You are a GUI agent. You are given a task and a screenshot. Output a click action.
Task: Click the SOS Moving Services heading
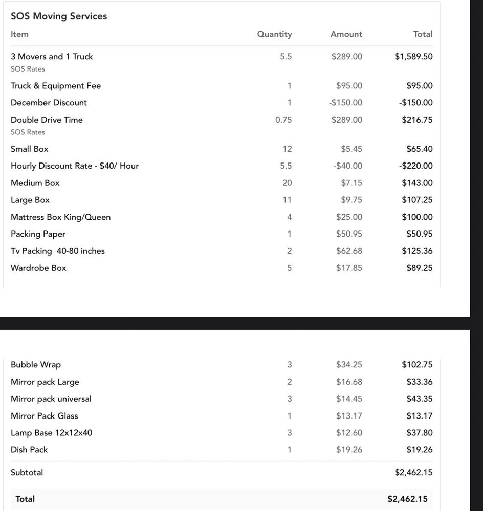pos(59,16)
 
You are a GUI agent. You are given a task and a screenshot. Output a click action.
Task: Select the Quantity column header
pos(274,34)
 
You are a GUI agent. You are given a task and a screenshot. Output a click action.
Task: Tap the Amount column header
pos(346,34)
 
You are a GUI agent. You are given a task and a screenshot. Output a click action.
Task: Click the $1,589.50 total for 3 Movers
pos(413,57)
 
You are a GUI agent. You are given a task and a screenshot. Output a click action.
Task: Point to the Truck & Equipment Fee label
pos(56,86)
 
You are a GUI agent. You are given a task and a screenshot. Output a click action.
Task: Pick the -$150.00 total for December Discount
pos(415,103)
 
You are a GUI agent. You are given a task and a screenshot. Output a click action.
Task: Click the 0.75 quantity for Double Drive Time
pos(283,120)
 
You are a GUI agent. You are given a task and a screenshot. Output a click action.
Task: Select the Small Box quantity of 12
pos(287,149)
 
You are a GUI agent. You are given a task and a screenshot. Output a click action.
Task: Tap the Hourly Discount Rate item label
pos(75,166)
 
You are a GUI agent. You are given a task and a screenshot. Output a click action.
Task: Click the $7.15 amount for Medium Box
pos(352,183)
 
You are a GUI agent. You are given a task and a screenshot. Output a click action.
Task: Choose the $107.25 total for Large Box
pos(417,200)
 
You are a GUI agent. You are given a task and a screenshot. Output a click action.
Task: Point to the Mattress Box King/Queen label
pos(60,217)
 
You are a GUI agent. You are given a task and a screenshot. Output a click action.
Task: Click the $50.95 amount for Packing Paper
pos(349,234)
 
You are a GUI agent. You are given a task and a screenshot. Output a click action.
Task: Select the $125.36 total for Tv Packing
pos(417,251)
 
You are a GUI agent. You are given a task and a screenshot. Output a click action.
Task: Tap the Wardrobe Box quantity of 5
pos(289,268)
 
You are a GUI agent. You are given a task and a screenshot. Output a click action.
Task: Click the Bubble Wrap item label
pos(36,365)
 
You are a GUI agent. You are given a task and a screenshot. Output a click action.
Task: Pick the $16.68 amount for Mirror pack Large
pos(349,382)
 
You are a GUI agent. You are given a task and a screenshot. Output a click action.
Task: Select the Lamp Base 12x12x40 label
pos(52,433)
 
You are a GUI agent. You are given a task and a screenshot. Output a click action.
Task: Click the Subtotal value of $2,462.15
pos(413,473)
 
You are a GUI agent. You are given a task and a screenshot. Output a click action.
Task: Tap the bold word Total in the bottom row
pos(25,499)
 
